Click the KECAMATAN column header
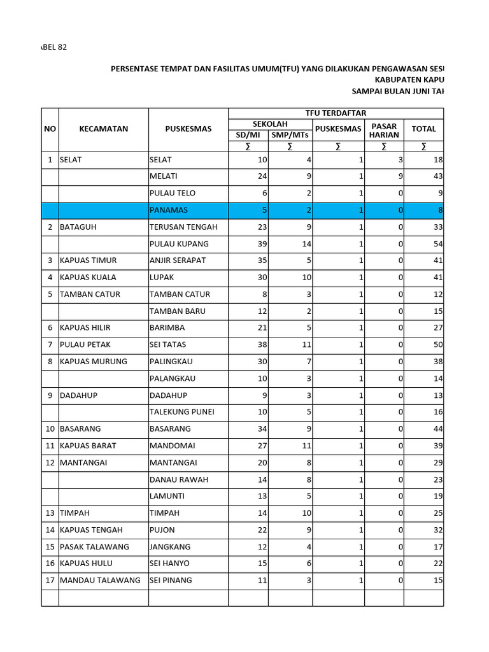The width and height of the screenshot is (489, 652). (x=103, y=129)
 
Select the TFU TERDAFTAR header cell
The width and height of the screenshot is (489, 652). (x=336, y=113)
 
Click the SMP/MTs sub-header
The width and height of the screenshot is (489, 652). (x=290, y=135)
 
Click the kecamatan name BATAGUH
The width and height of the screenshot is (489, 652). (x=78, y=227)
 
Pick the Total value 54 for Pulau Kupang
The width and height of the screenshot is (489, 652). (x=437, y=244)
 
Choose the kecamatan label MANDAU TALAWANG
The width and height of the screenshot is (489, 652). (x=100, y=580)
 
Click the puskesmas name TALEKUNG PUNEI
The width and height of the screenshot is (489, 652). (x=181, y=411)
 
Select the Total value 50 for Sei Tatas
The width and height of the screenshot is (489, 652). (x=437, y=344)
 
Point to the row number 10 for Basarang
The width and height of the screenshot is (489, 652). (x=50, y=429)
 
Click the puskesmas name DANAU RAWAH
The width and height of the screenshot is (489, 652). (x=175, y=479)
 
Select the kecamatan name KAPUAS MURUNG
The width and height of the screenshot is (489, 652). (x=93, y=361)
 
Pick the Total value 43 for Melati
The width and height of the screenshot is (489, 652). (x=437, y=176)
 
